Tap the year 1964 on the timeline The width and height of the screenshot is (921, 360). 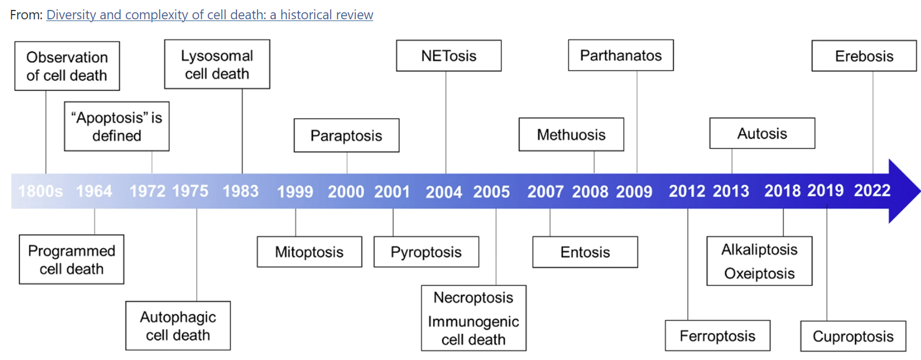(94, 191)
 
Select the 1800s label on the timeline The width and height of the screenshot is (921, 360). (40, 191)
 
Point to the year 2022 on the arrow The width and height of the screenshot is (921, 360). (872, 190)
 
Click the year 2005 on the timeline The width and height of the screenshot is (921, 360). (492, 192)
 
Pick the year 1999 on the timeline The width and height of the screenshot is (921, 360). (295, 192)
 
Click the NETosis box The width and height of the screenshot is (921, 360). (449, 56)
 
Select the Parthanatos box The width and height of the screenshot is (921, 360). (621, 55)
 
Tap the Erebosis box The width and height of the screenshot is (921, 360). (864, 56)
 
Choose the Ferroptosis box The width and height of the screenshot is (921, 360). (717, 336)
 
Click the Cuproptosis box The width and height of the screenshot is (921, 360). (853, 336)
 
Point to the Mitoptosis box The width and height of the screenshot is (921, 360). (310, 252)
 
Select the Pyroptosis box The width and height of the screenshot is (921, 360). (427, 252)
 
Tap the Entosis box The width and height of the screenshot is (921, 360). (585, 252)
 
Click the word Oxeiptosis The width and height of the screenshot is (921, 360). (760, 273)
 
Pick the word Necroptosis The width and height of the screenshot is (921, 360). (473, 297)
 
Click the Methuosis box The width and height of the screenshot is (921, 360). (571, 135)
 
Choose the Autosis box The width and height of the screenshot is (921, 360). (762, 133)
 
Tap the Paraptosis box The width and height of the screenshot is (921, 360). (346, 135)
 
